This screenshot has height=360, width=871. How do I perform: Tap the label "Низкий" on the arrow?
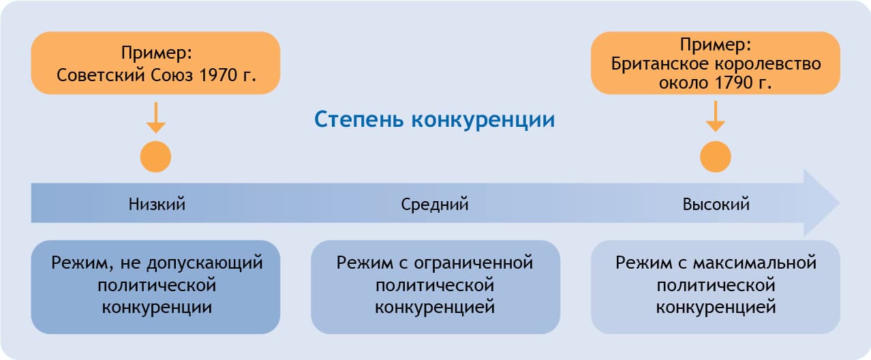point(157,204)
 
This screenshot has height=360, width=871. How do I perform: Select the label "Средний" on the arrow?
point(435,204)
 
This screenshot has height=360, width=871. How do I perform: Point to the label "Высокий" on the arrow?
point(716,204)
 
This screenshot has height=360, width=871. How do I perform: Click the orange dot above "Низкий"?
point(155,157)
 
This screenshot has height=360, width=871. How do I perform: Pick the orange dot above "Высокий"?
point(716,157)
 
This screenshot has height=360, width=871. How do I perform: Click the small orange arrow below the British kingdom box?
point(716,117)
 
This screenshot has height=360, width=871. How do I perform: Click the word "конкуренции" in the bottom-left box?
point(156,307)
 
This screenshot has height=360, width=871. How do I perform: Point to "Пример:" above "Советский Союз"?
point(155,52)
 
